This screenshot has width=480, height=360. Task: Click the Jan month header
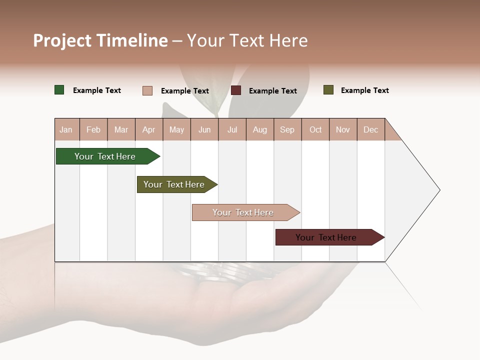(66, 129)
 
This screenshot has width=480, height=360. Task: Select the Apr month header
(148, 129)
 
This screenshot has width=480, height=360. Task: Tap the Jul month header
(232, 129)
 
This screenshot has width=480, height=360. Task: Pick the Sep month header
(287, 129)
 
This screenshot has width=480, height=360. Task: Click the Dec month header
(370, 129)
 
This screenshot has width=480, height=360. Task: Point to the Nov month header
(342, 129)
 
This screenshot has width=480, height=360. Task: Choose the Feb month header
(93, 129)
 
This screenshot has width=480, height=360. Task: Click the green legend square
(59, 90)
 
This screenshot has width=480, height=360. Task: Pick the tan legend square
(147, 90)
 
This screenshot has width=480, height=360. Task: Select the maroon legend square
(236, 90)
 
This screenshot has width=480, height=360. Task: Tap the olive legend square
(328, 90)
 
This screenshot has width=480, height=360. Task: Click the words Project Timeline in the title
(100, 40)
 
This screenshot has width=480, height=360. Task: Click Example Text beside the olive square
(364, 90)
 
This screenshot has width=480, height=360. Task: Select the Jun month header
(204, 129)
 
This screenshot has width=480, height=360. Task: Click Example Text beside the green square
(96, 90)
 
